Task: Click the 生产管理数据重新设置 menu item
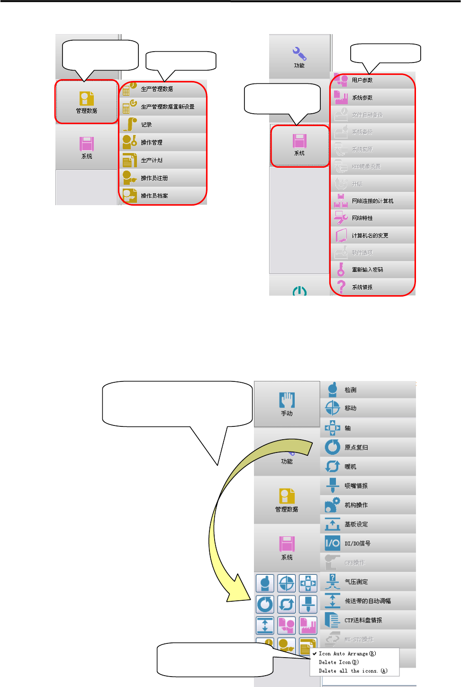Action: tap(167, 107)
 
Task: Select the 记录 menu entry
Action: tap(146, 125)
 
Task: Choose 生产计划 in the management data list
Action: tap(152, 160)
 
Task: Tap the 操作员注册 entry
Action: tap(154, 178)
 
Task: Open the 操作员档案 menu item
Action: tap(154, 196)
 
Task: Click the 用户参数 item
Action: tap(362, 80)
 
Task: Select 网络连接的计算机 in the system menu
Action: tap(372, 201)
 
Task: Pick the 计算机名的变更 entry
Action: tap(370, 235)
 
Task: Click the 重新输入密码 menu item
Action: tap(367, 270)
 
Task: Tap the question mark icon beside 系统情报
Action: tap(341, 287)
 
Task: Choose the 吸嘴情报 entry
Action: tap(356, 486)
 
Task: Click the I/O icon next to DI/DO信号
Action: tap(332, 543)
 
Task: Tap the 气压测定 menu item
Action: tap(356, 582)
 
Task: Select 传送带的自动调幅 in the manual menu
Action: tap(367, 601)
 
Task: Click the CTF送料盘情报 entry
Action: tap(363, 620)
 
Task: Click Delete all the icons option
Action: tap(353, 671)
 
